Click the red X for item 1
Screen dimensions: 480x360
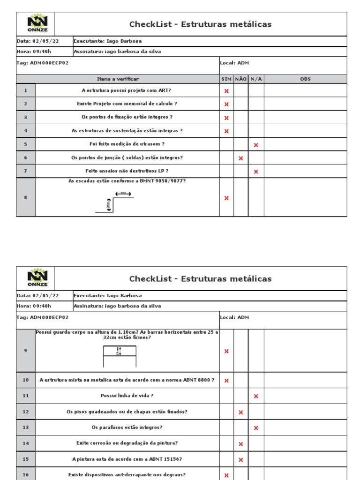coord(226,91)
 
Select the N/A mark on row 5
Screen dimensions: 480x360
coord(256,145)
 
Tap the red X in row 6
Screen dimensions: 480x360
coord(241,158)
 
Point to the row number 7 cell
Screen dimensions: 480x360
coord(26,172)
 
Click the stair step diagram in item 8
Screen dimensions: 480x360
coord(115,202)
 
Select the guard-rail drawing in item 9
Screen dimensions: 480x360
coord(120,356)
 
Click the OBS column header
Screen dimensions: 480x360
coord(305,79)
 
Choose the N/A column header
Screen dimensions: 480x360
coord(256,79)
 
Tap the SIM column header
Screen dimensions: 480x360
coord(226,79)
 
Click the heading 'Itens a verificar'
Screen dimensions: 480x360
coord(118,79)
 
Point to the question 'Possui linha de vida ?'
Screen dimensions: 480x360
coord(127,396)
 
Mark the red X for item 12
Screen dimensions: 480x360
coord(241,412)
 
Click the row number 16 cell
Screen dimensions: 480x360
coord(26,475)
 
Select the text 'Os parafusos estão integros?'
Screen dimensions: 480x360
coord(127,427)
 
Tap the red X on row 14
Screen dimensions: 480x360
coord(241,444)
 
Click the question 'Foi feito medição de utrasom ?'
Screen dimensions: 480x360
coord(127,144)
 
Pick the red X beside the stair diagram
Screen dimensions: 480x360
coord(226,198)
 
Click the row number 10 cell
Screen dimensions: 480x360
coord(26,380)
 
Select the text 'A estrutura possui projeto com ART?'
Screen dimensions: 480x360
coord(127,90)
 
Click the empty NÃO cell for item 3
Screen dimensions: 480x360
coord(241,118)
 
